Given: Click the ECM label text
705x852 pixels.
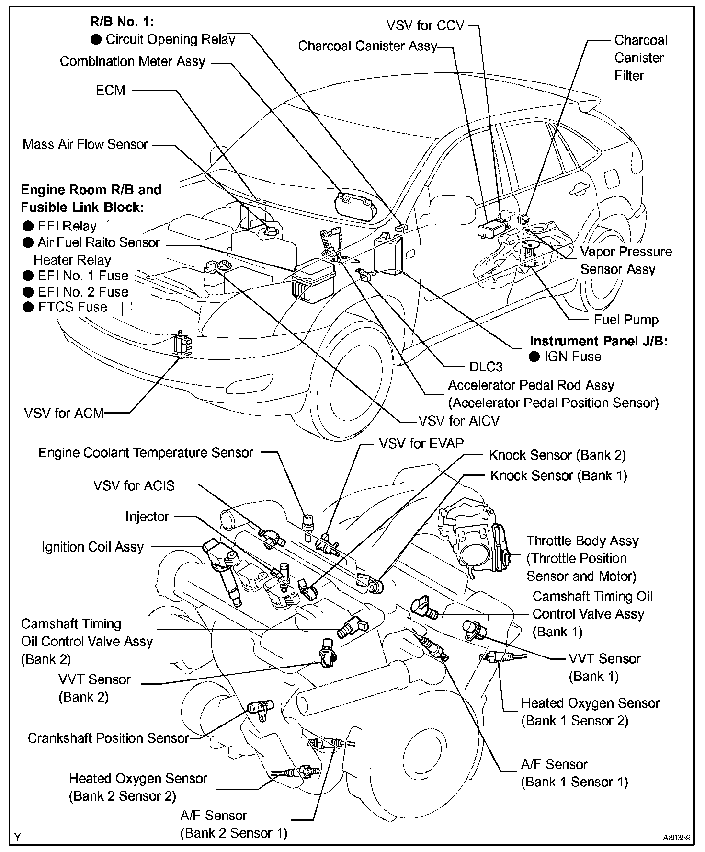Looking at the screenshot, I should pyautogui.click(x=110, y=90).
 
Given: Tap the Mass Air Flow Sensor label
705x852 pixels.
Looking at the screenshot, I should pyautogui.click(x=85, y=144).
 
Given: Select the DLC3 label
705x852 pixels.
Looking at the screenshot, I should pyautogui.click(x=486, y=367).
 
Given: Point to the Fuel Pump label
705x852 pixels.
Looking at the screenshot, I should pyautogui.click(x=626, y=320).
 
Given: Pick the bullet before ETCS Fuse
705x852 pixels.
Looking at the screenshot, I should pyautogui.click(x=28, y=307).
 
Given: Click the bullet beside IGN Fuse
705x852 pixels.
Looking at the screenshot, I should pyautogui.click(x=534, y=357).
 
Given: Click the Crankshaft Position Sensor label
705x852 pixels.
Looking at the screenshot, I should pyautogui.click(x=108, y=738).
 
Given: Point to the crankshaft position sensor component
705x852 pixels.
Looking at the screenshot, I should pyautogui.click(x=260, y=710).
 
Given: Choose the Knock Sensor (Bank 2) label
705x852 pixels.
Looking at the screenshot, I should pyautogui.click(x=557, y=455).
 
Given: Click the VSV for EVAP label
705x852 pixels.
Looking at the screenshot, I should pyautogui.click(x=421, y=443).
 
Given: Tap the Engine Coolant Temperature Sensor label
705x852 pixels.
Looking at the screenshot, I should pyautogui.click(x=146, y=452).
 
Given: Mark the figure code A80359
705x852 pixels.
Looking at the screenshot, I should pyautogui.click(x=676, y=838).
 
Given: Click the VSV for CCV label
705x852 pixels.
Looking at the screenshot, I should pyautogui.click(x=425, y=25).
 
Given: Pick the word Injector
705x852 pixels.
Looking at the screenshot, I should pyautogui.click(x=147, y=516).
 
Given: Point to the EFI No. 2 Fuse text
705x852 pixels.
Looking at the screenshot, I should pyautogui.click(x=83, y=291).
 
